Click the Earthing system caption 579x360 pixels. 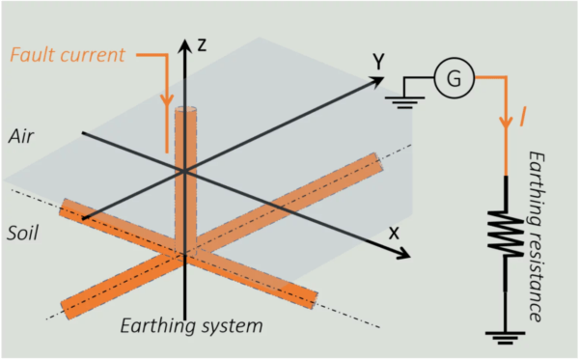tap(191, 325)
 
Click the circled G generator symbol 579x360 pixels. tap(451, 78)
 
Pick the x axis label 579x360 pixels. tap(394, 233)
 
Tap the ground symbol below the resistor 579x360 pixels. tap(506, 338)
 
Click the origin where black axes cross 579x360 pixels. tap(184, 171)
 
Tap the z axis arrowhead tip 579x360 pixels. tap(184, 39)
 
